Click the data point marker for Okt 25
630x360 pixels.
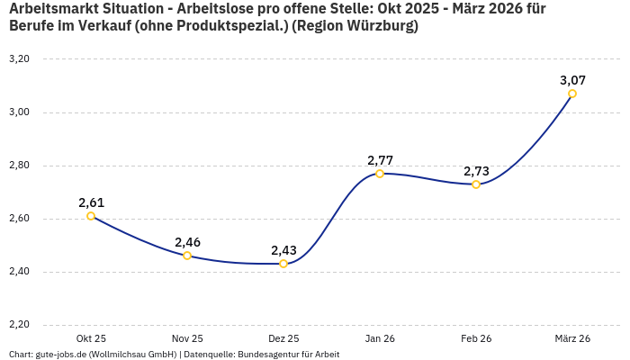coord(91,216)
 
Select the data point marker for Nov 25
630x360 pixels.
coord(187,256)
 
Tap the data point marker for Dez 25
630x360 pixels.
coord(283,264)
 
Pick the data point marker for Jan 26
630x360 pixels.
coord(380,174)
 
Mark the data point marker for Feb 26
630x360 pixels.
coord(476,184)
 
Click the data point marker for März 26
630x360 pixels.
coord(572,94)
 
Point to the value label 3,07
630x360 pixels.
coord(572,80)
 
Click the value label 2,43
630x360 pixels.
coord(283,250)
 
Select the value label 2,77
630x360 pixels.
coord(380,160)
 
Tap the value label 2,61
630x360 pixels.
coord(91,202)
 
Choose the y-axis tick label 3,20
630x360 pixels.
coord(19,59)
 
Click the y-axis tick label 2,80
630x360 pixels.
coord(19,166)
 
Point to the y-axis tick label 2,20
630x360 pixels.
coord(19,325)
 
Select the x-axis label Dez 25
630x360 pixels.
coord(283,338)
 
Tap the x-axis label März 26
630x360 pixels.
coord(572,338)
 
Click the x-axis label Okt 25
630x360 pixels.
coord(91,338)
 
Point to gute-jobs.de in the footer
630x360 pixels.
coord(63,355)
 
